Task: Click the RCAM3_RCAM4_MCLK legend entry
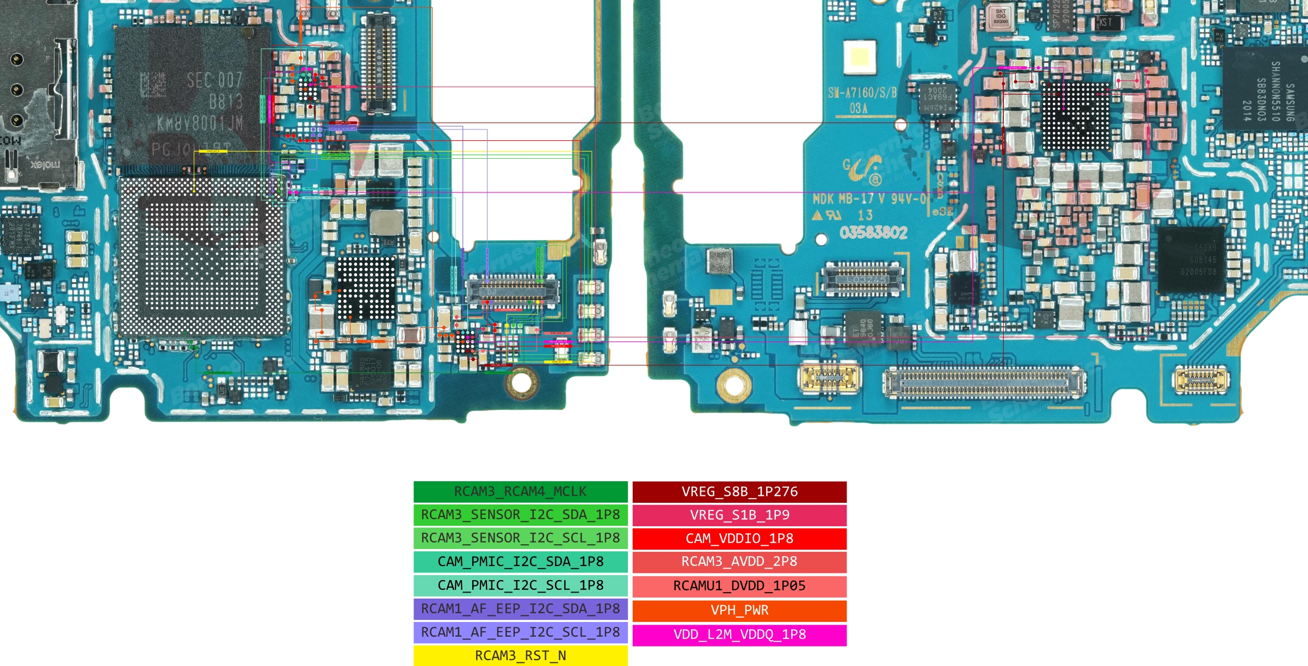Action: click(520, 491)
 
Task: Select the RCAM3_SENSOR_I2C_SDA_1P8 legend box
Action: click(520, 515)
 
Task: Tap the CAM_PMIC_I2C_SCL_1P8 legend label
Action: click(520, 586)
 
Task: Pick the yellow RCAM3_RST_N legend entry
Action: click(520, 656)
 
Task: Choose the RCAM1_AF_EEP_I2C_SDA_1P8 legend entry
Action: click(520, 609)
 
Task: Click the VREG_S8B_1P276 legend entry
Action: click(739, 491)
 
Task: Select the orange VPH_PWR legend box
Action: click(739, 610)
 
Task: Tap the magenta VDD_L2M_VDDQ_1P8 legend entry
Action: click(739, 634)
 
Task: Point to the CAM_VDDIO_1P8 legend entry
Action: click(739, 538)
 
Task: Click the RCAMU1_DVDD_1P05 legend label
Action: click(739, 586)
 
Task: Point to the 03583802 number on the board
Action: click(873, 233)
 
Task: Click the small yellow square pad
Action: click(860, 57)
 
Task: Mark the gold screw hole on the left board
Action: click(521, 382)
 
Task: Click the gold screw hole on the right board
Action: click(734, 385)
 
